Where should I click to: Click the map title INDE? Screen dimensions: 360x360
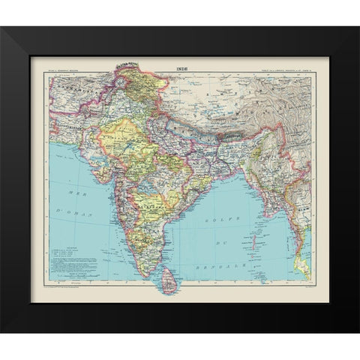coord(183,69)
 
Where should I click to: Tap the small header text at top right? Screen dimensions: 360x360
coord(289,69)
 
